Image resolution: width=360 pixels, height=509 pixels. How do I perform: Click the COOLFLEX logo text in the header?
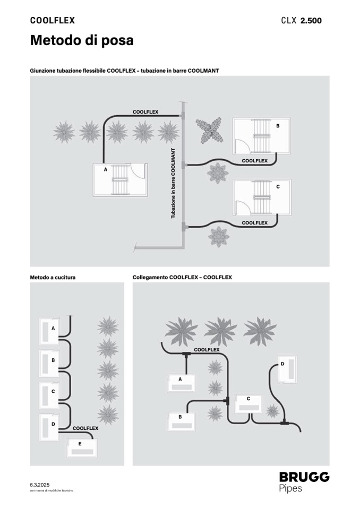[x=52, y=21]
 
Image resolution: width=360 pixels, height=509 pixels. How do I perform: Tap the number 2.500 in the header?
[x=311, y=21]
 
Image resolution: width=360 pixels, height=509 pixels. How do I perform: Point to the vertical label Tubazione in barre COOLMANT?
[x=173, y=184]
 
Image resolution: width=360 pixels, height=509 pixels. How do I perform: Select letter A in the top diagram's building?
[x=105, y=170]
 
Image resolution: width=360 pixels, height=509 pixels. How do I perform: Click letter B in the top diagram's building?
[x=277, y=126]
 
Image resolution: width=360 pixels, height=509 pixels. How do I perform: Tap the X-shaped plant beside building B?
[x=209, y=130]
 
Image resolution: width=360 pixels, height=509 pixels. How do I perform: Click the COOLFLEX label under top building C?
[x=254, y=223]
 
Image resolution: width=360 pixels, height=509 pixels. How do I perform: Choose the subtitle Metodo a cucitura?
[x=53, y=277]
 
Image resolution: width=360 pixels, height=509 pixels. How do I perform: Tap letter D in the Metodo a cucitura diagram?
[x=53, y=424]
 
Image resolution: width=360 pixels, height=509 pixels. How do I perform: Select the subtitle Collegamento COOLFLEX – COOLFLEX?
[x=182, y=277]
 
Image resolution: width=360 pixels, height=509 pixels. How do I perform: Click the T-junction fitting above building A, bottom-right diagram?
[x=187, y=353]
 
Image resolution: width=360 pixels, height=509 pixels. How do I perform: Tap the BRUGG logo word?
[x=304, y=477]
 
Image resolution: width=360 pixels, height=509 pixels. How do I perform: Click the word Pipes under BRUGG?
[x=290, y=488]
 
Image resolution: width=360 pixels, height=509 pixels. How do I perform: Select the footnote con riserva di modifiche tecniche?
[x=52, y=491]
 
